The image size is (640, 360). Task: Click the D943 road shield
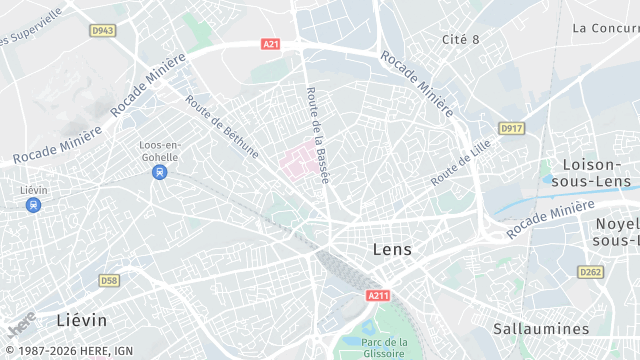point(102,31)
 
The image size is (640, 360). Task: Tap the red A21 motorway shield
point(270,44)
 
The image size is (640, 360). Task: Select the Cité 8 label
point(461,39)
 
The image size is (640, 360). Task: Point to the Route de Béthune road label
point(222,126)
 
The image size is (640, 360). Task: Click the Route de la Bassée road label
point(316,135)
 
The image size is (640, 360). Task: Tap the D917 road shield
point(511,129)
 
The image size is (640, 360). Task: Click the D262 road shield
point(591,272)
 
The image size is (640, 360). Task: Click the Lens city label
point(391,249)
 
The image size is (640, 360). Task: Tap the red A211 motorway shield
point(378,295)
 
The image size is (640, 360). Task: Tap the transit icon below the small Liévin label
point(34,205)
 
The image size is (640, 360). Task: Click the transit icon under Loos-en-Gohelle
point(158,172)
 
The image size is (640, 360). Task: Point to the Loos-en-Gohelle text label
point(158,150)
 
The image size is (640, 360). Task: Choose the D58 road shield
point(109,281)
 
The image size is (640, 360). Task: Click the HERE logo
point(20,323)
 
